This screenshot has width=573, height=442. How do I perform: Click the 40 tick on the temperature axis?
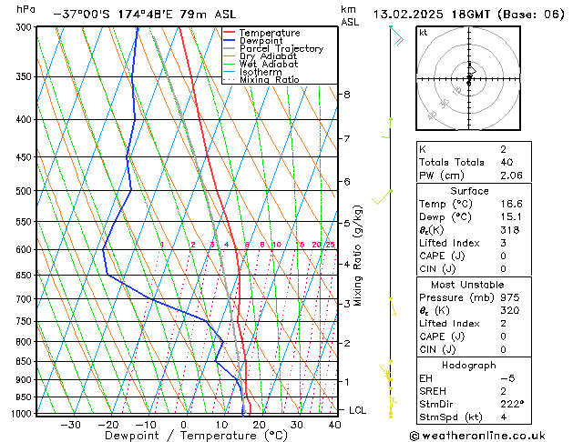pos(335,424)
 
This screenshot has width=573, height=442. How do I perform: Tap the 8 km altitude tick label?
pos(346,95)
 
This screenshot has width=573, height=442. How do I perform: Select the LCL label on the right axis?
pos(358,410)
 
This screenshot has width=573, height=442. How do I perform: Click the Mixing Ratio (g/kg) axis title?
pos(358,256)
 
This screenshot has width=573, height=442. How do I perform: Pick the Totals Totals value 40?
pos(506,162)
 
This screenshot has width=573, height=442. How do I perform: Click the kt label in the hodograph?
pos(423,32)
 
